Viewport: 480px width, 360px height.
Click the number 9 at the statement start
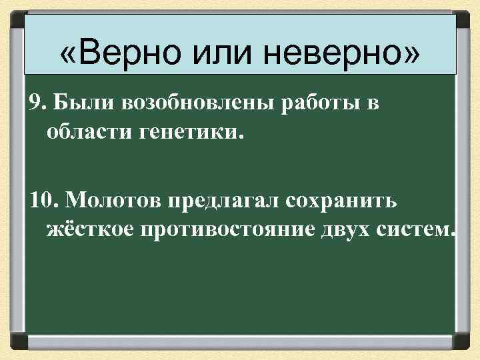coord(35,101)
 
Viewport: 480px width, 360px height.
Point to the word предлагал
coord(231,200)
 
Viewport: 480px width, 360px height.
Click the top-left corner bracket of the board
coord(19,17)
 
